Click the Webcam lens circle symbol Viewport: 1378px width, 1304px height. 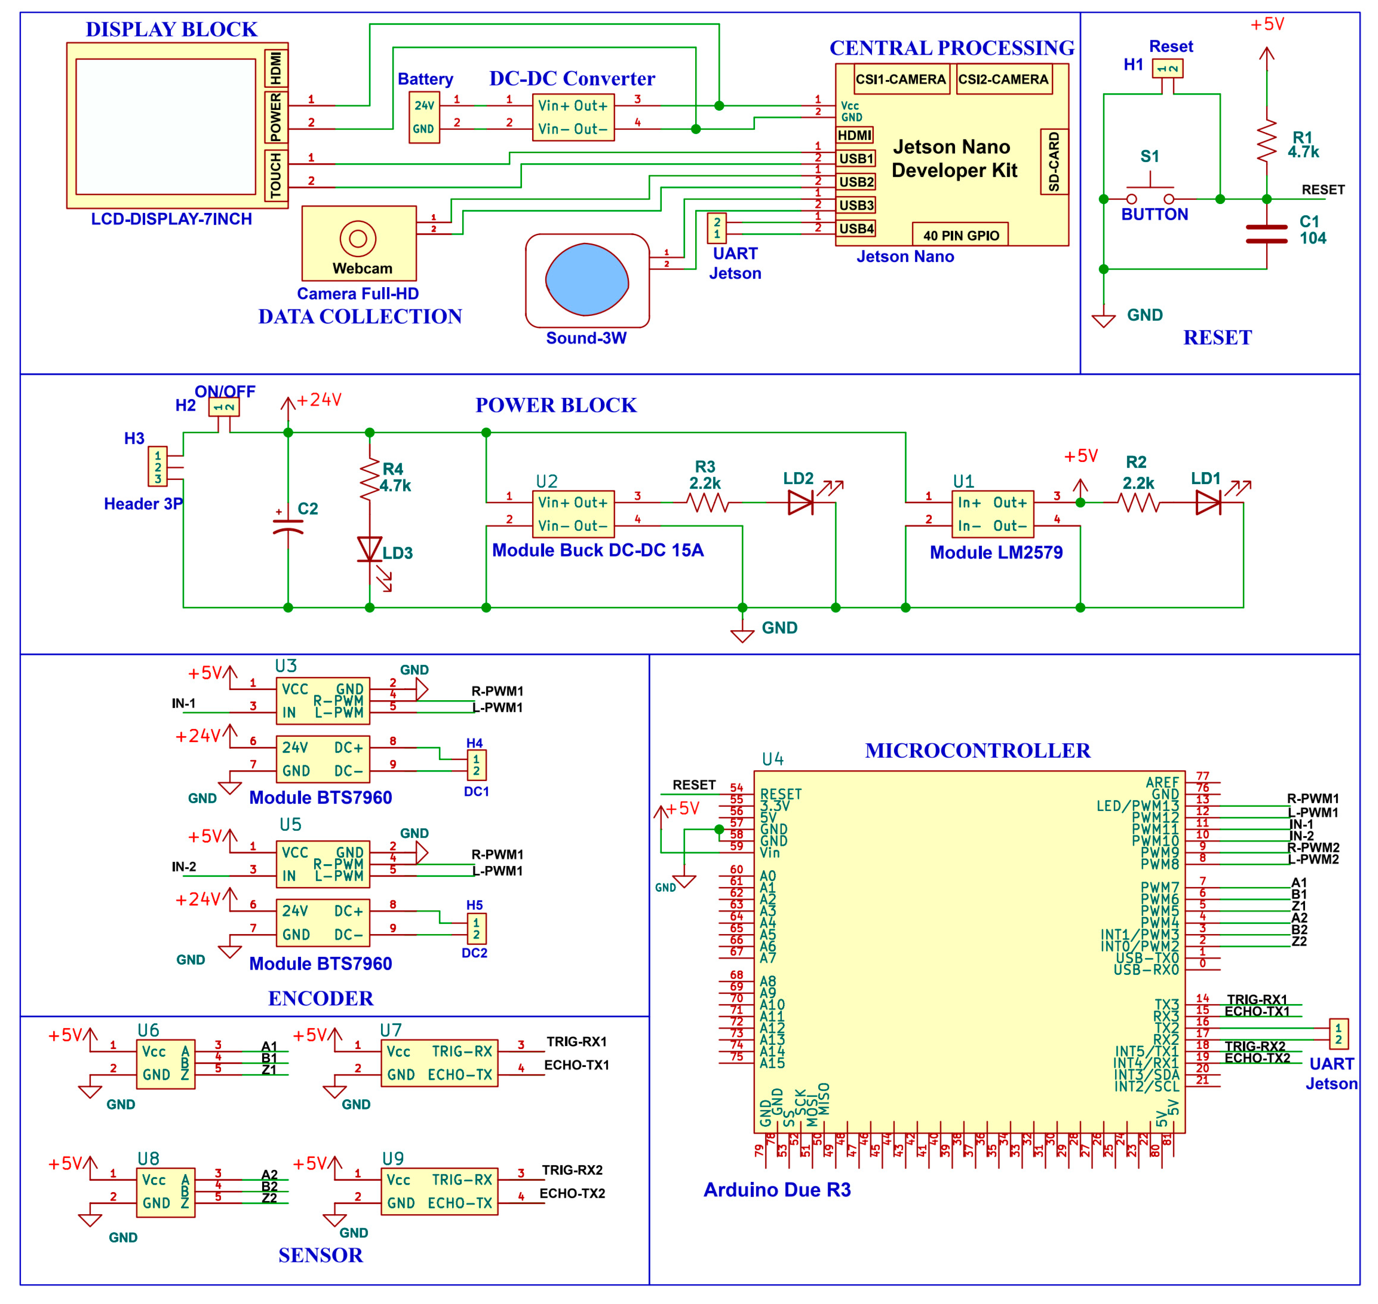coord(358,239)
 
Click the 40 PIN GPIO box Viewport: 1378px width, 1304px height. coord(960,235)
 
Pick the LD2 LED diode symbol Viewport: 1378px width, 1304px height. coord(800,502)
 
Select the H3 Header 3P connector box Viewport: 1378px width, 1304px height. coord(158,466)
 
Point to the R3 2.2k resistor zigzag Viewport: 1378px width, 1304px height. coord(707,502)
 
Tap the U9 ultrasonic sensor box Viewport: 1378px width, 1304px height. coord(439,1191)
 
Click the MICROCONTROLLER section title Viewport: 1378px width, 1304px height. coord(977,751)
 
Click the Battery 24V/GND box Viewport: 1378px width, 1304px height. coord(424,117)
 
